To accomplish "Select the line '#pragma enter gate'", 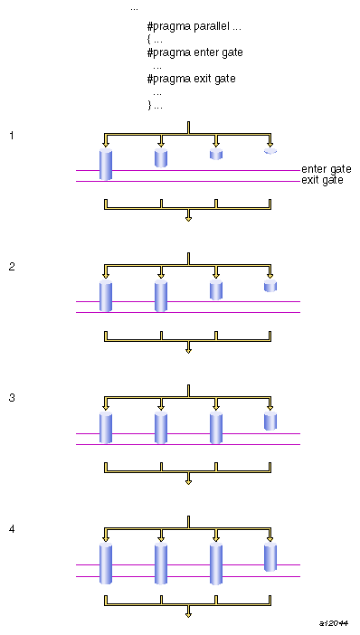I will coord(194,52).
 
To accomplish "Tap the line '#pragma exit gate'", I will coord(191,79).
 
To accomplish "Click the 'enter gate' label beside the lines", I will coord(326,169).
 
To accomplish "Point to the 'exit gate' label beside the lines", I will coord(322,181).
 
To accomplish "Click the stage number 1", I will coord(12,136).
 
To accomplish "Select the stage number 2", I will coord(12,267).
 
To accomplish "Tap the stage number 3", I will coord(12,398).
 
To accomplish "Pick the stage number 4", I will coord(12,529).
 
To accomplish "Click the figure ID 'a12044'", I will coord(334,623).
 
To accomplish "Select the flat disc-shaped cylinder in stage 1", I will coord(270,151).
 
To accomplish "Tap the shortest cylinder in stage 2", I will coord(270,287).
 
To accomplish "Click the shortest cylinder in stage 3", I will coord(270,422).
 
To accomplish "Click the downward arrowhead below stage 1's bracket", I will coord(188,217).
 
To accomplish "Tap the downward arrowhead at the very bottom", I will coord(188,614).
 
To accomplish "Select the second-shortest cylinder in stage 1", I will coord(216,155).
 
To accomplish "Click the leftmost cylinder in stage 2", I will coord(106,297).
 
